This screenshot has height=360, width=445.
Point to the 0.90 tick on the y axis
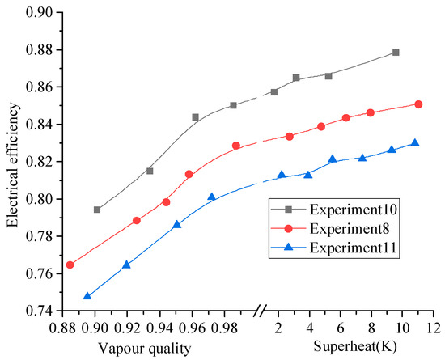pos(39,12)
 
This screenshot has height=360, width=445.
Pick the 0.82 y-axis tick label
pos(39,162)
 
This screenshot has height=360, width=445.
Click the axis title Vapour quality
pos(145,348)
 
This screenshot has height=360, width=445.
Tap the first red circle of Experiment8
pos(70,265)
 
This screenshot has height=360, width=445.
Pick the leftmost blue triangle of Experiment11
pos(87,296)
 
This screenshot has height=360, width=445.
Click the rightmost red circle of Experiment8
pos(418,104)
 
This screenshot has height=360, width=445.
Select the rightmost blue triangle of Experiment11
pos(415,142)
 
